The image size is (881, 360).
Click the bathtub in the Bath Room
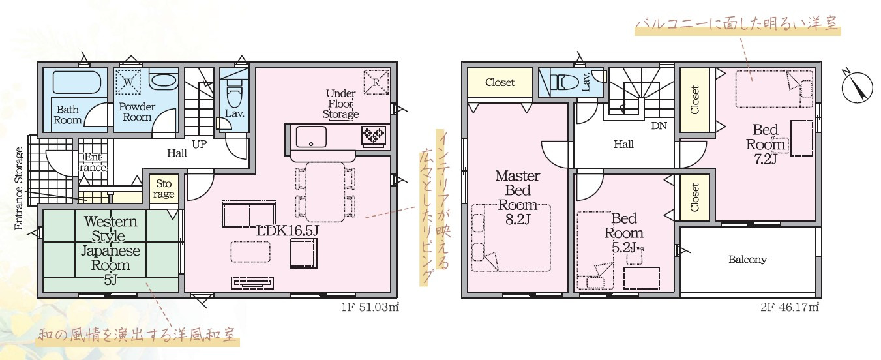pos(77,82)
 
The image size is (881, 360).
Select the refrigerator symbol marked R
pos(376,82)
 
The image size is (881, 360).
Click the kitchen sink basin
pos(311,136)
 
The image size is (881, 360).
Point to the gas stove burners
pos(373,136)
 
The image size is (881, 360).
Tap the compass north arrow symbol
pos(857,89)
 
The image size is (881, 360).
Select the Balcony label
pos(747,260)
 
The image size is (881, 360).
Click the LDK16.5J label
pos(287,231)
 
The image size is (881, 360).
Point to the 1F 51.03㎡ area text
pos(370,307)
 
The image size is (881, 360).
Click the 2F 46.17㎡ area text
pos(789,307)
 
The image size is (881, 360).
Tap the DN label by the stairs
pos(659,126)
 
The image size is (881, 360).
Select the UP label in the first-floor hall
pos(199,144)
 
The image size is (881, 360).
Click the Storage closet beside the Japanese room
pos(164,189)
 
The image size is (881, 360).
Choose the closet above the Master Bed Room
pos(500,82)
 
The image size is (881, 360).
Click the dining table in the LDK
pos(325,192)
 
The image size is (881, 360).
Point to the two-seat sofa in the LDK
pos(249,215)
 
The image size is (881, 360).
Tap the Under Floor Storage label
pos(340,104)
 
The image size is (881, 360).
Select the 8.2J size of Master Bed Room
pos(517,220)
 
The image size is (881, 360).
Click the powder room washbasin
pos(162,82)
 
